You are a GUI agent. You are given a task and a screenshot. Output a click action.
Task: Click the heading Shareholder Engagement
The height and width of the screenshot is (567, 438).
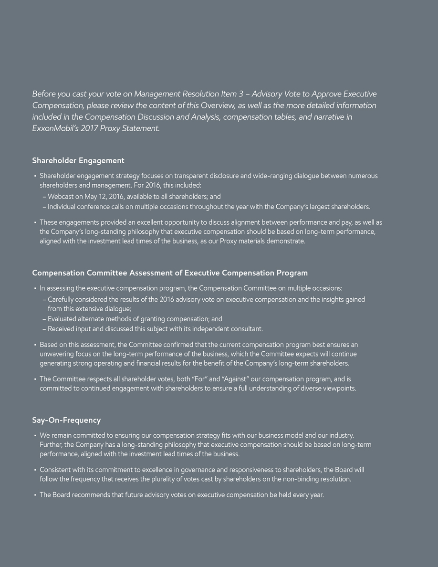click(78, 160)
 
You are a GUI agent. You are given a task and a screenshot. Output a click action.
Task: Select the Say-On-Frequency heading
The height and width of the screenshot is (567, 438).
click(66, 420)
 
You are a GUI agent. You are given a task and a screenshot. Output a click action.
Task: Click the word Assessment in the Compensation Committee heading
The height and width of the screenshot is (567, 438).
click(155, 273)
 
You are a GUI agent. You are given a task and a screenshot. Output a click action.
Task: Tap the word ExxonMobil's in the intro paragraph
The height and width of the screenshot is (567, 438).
click(52, 128)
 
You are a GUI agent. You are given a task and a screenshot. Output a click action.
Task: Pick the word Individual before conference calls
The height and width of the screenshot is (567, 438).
click(63, 207)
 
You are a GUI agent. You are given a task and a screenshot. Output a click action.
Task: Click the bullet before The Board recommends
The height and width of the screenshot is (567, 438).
click(35, 495)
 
